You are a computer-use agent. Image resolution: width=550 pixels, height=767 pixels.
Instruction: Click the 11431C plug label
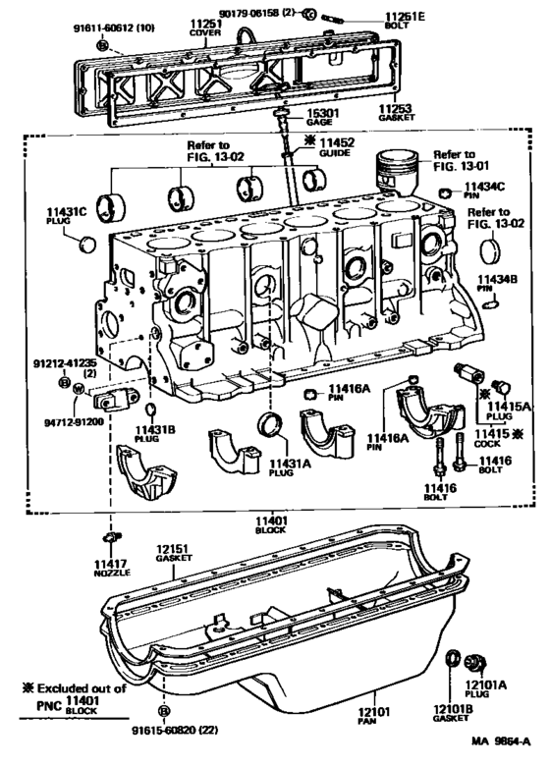point(68,215)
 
